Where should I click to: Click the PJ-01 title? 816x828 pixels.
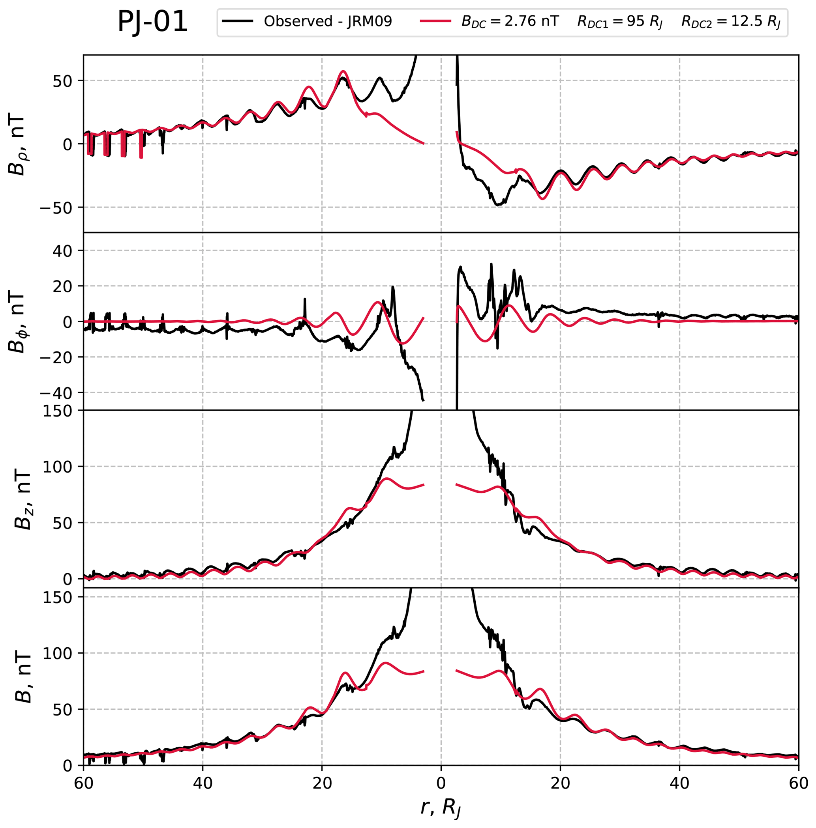point(152,22)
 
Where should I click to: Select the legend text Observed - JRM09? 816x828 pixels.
point(328,21)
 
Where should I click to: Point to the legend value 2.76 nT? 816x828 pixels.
point(531,21)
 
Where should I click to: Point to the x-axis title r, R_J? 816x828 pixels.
point(441,808)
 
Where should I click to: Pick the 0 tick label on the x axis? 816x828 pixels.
point(441,782)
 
